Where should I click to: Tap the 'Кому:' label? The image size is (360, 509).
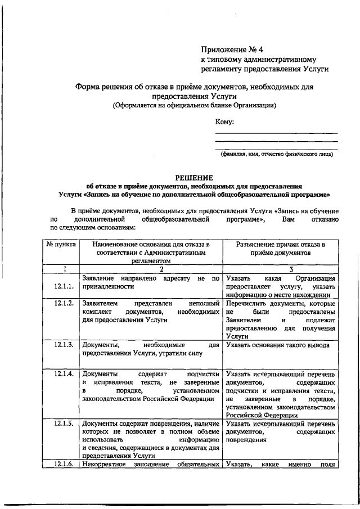(224, 122)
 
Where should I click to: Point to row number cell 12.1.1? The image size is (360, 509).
(64, 286)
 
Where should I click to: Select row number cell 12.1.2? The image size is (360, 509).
(64, 303)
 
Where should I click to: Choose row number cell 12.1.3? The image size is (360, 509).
(64, 345)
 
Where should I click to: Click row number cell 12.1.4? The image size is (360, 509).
(64, 374)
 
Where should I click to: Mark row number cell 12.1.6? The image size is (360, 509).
(64, 465)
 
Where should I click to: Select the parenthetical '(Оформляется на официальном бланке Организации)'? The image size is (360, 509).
(194, 105)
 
